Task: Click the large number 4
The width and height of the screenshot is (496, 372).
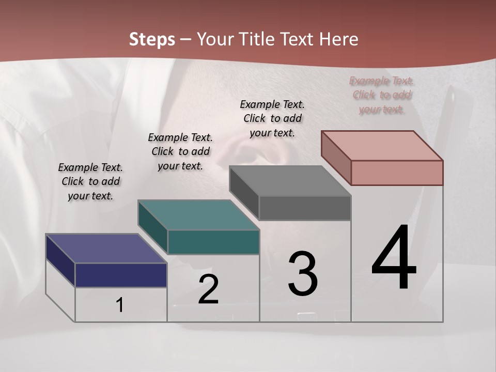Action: coord(394,258)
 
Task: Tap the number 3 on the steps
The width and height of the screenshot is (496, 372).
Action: coord(303,273)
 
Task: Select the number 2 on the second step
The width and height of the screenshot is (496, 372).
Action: coord(208,289)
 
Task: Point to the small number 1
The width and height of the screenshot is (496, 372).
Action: coord(120,305)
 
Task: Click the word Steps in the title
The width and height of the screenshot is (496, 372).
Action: coord(152,39)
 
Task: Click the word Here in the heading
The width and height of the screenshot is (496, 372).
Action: coord(339,39)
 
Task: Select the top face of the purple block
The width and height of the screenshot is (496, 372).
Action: coord(106,249)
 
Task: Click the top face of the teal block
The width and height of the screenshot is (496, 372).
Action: coord(198,214)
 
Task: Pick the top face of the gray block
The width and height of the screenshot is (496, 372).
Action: coord(290,181)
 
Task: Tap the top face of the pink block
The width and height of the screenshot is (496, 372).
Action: coord(382,146)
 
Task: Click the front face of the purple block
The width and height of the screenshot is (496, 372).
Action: coord(121,275)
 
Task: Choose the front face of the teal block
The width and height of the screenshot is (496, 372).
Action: coord(213,242)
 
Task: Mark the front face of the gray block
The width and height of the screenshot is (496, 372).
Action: coord(305,208)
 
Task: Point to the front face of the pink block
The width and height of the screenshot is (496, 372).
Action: coord(397,173)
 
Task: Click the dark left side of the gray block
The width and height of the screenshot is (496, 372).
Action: coord(244,193)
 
